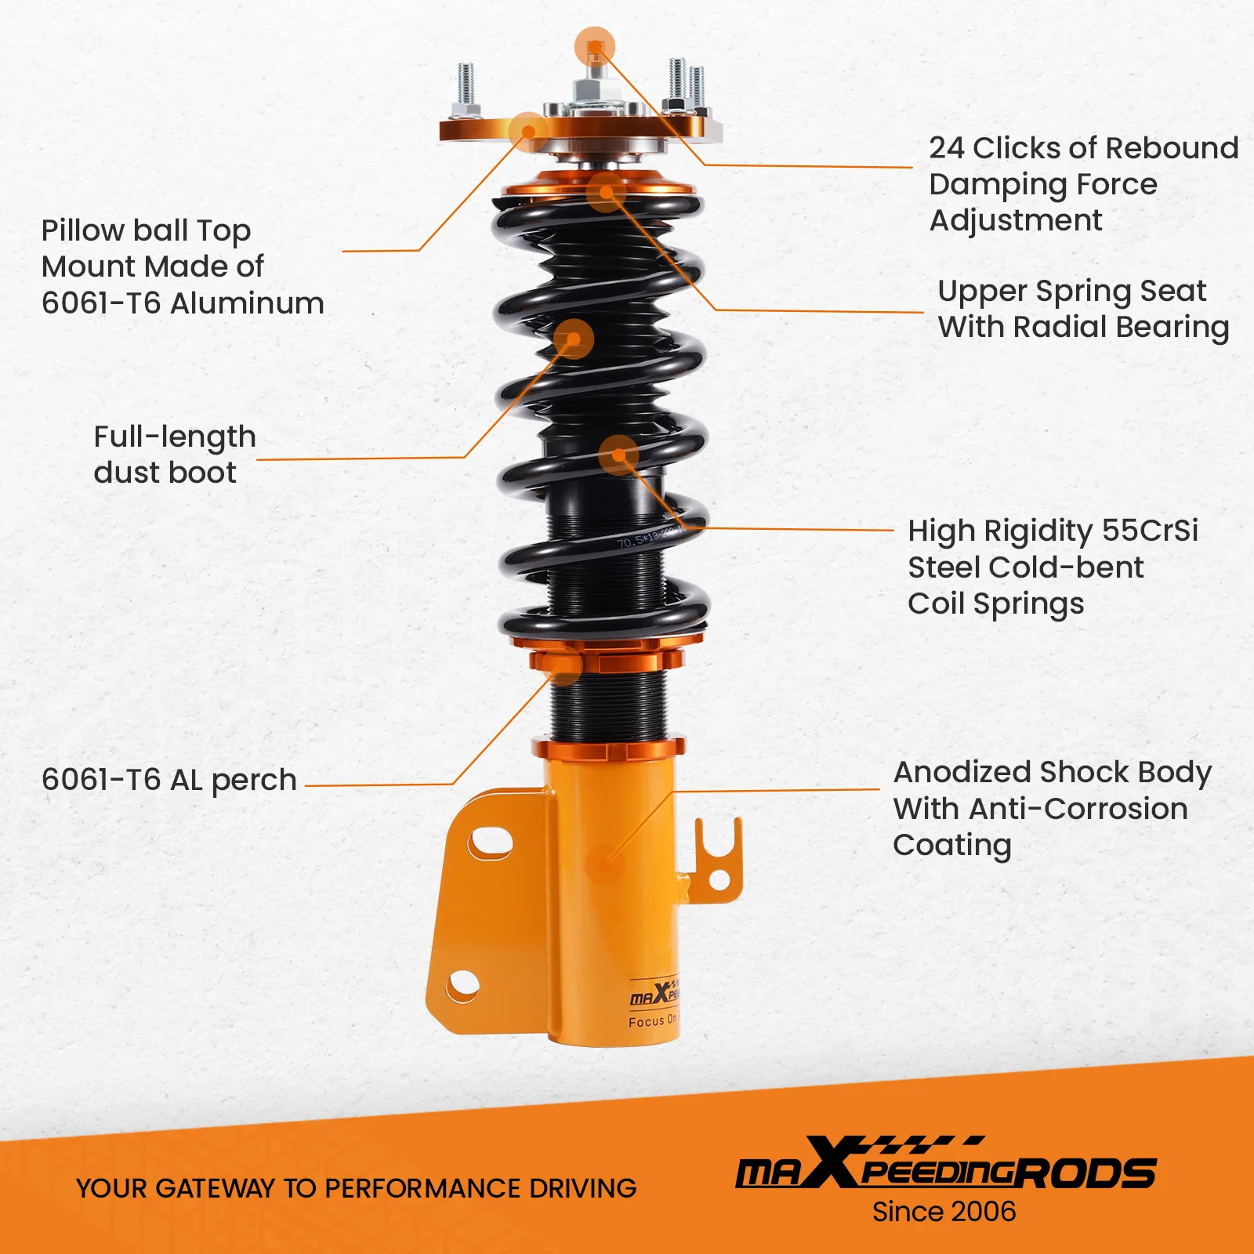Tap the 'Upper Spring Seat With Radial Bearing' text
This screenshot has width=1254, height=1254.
click(x=1082, y=309)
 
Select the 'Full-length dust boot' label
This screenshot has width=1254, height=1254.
click(x=174, y=455)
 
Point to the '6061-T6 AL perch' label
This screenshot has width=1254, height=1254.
click(x=169, y=780)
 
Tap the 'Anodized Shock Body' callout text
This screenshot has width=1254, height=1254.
click(x=1052, y=808)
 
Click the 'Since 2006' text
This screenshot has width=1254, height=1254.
click(x=944, y=1212)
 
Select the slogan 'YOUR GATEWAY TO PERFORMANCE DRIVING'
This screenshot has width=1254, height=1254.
click(x=356, y=1188)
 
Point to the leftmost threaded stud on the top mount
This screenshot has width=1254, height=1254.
click(x=466, y=85)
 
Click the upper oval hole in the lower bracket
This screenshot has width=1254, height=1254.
click(x=491, y=843)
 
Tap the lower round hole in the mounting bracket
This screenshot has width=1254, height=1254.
click(x=462, y=985)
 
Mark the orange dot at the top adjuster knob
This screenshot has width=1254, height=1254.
click(x=595, y=46)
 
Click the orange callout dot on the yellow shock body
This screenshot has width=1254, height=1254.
click(x=604, y=864)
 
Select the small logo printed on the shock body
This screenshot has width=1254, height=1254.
click(x=655, y=995)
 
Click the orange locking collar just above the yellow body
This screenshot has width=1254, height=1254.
click(x=608, y=748)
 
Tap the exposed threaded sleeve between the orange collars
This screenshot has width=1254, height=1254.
click(x=608, y=705)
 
